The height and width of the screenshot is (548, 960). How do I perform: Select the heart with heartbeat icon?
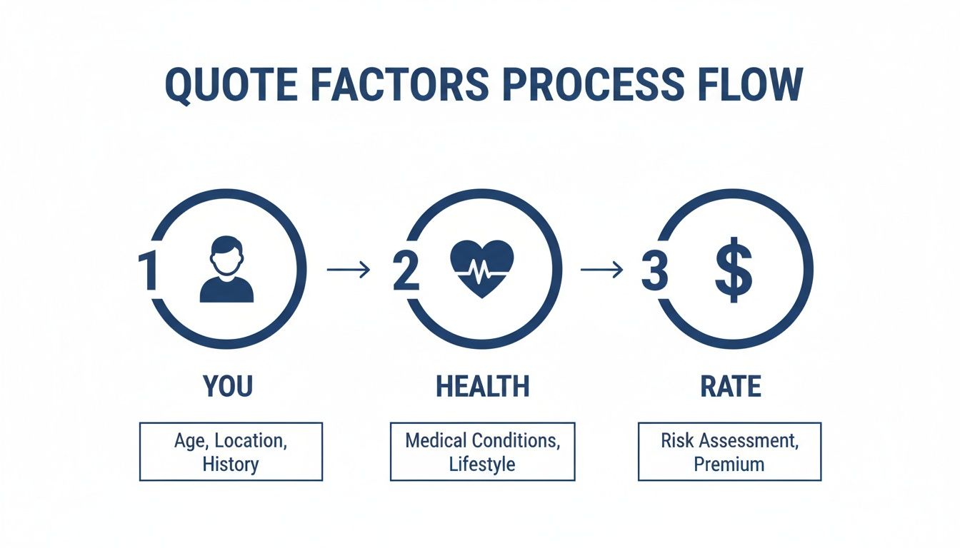point(482,268)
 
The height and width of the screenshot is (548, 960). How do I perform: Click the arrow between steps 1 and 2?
point(348,269)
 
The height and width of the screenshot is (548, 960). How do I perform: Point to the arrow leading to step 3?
point(601,269)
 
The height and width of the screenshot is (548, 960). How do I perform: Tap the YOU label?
point(228,386)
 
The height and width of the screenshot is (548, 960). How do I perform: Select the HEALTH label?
point(482,386)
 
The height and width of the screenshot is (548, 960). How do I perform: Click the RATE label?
point(731,386)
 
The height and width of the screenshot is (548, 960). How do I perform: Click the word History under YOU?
point(230,464)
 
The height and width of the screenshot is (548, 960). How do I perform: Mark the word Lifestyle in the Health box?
point(482,464)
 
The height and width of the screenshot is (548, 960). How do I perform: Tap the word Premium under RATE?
point(729,464)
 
